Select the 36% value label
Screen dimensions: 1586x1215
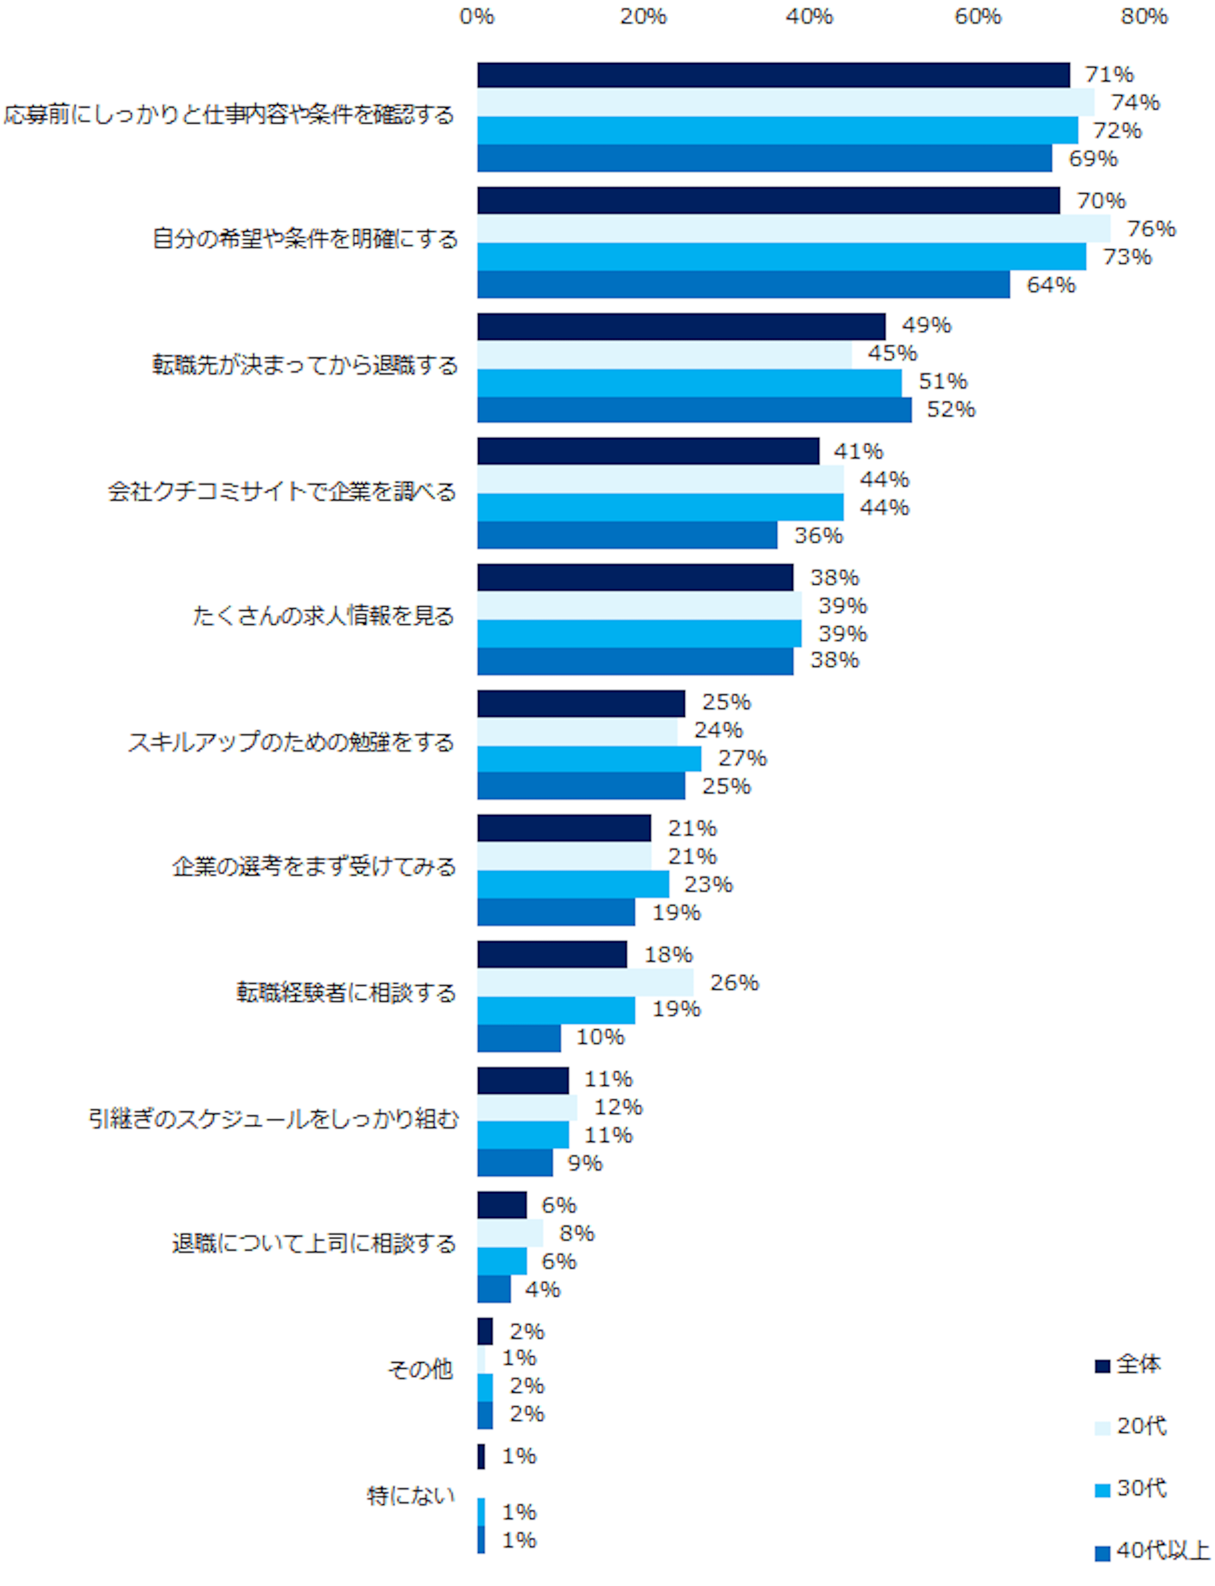click(x=818, y=535)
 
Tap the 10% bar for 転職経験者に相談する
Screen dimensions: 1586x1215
click(x=519, y=1038)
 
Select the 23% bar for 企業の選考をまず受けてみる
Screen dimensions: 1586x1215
click(x=573, y=884)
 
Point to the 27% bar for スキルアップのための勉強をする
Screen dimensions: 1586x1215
click(x=589, y=758)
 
